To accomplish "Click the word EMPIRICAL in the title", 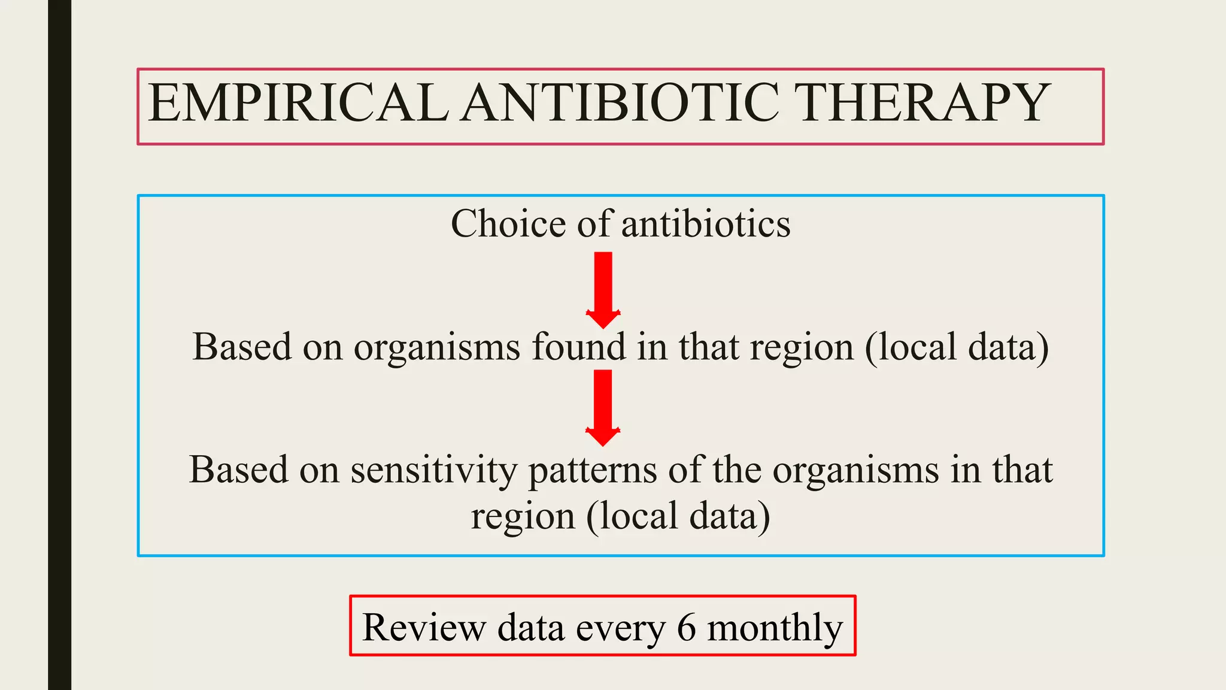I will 298,103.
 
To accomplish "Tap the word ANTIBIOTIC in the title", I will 621,103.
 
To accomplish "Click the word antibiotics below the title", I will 706,224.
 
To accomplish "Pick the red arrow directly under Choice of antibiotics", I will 603,290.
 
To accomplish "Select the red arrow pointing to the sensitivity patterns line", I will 603,408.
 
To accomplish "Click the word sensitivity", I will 433,470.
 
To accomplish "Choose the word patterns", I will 592,471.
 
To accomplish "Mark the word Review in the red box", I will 424,628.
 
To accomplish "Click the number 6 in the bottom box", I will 686,628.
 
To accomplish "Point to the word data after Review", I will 530,628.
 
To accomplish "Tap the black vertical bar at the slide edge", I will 59,345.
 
